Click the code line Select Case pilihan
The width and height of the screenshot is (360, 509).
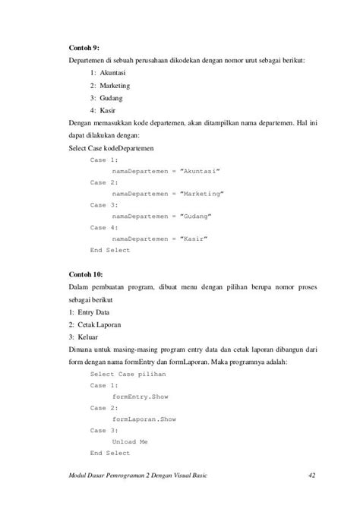126,375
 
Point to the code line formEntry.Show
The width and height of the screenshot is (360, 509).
144,397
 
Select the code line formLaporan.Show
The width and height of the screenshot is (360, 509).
149,419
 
